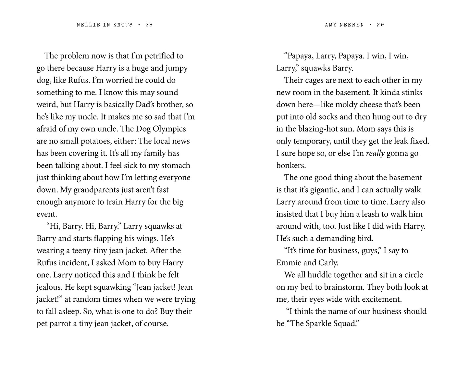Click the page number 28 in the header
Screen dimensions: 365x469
pyautogui.click(x=149, y=25)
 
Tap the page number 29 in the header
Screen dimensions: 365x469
pyautogui.click(x=380, y=25)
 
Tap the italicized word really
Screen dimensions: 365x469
pyautogui.click(x=375, y=153)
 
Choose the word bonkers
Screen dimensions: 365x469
pyautogui.click(x=291, y=166)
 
